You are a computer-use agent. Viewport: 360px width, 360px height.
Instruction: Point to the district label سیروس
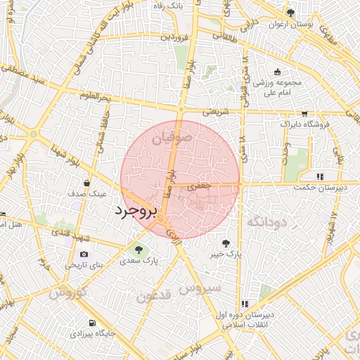(x=200, y=288)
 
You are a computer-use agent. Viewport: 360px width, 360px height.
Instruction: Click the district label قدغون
(x=153, y=295)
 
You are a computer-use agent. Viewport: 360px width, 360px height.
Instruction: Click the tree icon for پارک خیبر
(x=225, y=242)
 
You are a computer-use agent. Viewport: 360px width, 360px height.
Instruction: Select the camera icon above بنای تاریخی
(x=84, y=254)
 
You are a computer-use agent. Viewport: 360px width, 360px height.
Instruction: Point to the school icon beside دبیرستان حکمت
(x=320, y=176)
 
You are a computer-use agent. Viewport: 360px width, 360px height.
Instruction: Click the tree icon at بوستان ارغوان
(x=291, y=13)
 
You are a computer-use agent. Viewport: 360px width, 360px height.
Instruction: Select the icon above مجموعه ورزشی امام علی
(x=277, y=72)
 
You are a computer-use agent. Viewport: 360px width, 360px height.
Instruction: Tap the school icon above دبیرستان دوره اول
(x=244, y=304)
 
